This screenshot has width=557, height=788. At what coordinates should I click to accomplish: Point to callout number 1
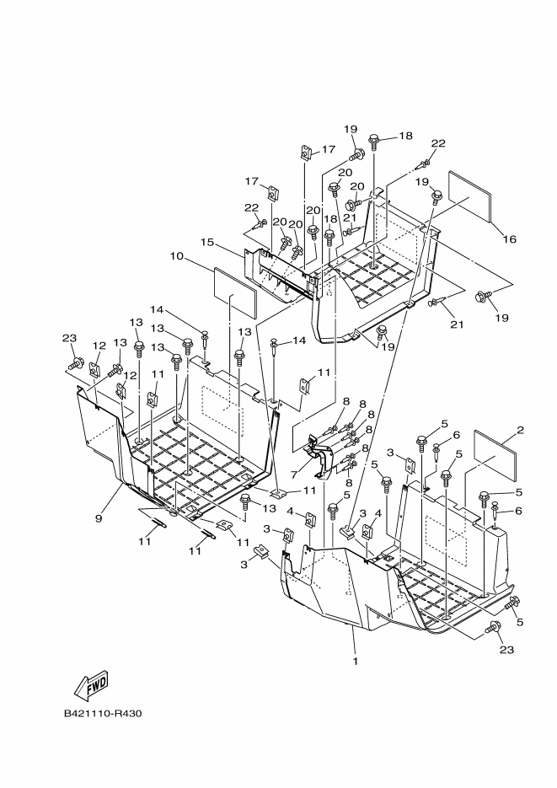(x=356, y=662)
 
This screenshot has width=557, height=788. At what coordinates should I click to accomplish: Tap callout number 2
(x=520, y=431)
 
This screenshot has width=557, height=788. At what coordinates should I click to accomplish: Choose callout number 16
(x=508, y=239)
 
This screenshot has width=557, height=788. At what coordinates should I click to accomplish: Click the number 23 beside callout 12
(x=69, y=339)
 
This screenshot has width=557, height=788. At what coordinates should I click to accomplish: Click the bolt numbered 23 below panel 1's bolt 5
(x=494, y=627)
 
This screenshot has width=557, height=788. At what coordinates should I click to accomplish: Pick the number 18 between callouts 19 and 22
(x=405, y=136)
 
